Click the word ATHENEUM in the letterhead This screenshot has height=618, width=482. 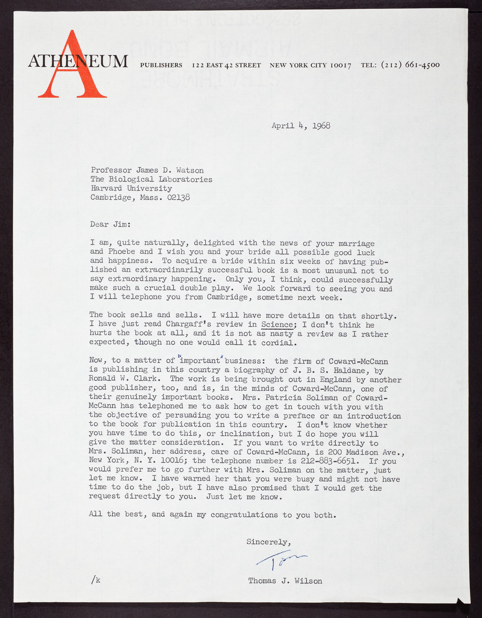point(78,62)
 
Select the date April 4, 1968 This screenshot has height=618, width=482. point(301,125)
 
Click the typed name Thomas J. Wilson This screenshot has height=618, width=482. point(285,581)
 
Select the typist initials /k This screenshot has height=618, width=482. point(96,580)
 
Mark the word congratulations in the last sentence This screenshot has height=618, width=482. point(244,515)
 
